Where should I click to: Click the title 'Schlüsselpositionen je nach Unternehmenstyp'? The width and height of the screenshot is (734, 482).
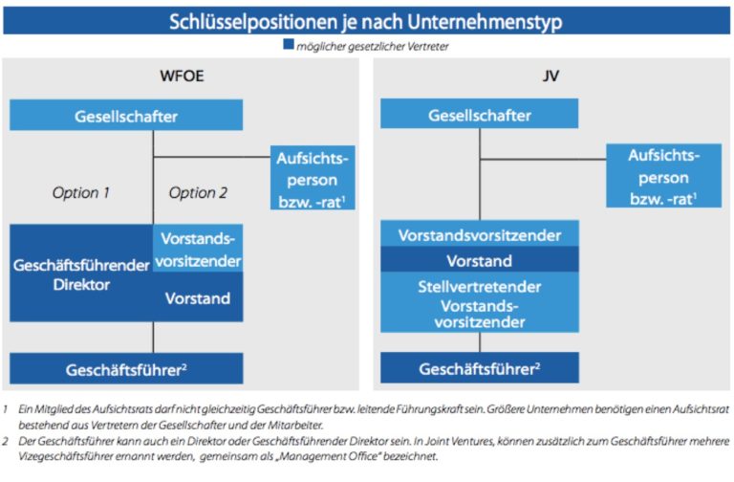(x=366, y=22)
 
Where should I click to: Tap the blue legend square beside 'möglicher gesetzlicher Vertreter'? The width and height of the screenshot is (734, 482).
(x=289, y=45)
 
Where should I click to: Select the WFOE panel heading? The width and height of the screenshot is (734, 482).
(x=182, y=76)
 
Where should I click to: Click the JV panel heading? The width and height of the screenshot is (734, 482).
(x=550, y=76)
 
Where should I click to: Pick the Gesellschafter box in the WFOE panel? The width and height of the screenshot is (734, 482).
(x=126, y=115)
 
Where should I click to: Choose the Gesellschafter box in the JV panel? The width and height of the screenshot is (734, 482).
(x=480, y=114)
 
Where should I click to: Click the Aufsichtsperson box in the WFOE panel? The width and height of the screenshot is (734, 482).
(x=313, y=178)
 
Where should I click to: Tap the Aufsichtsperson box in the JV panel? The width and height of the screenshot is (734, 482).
(x=664, y=176)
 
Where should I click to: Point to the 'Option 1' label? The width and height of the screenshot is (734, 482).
(x=80, y=192)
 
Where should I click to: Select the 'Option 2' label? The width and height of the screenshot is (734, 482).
(x=198, y=192)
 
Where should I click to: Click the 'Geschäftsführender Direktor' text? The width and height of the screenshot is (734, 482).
(x=81, y=274)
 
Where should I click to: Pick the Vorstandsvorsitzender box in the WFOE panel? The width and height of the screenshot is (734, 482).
(x=198, y=249)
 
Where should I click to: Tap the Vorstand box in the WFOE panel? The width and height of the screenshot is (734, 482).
(x=198, y=297)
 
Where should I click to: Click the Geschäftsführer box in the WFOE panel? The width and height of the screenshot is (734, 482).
(x=126, y=368)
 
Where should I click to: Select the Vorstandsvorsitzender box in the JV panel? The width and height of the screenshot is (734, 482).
(x=480, y=233)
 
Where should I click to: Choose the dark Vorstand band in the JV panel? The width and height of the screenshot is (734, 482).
(x=480, y=260)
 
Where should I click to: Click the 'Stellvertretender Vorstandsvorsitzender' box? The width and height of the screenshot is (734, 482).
(x=480, y=302)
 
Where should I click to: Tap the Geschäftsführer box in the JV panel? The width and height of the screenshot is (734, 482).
(x=480, y=367)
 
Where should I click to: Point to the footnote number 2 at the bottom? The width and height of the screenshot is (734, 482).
(x=5, y=441)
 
